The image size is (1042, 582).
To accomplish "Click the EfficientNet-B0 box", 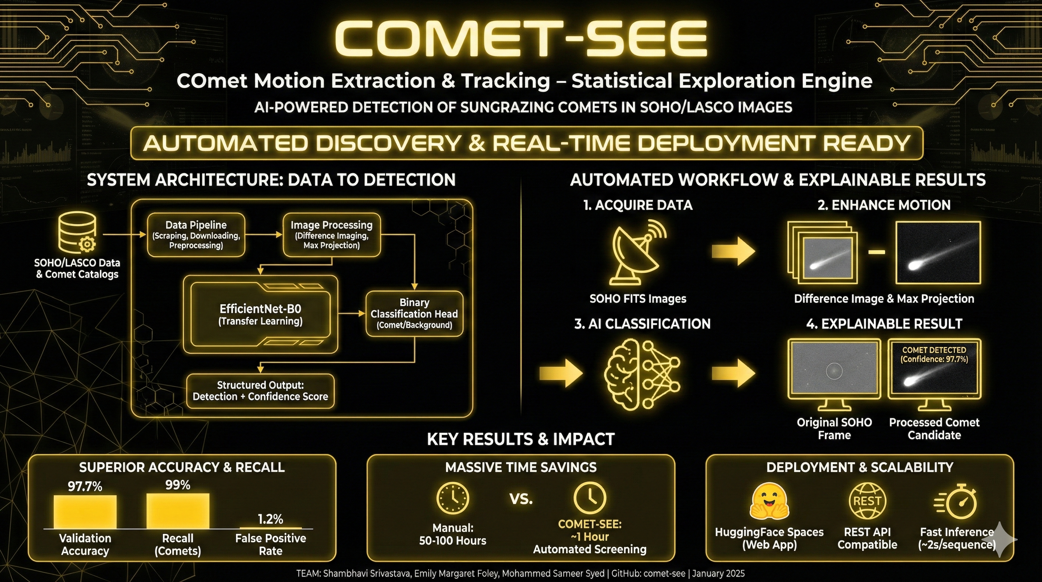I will [260, 314].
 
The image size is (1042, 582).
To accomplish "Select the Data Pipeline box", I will [196, 235].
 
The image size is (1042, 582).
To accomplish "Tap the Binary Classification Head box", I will [414, 314].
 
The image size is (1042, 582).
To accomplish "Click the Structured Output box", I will [260, 391].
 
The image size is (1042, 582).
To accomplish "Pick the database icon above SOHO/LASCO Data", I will [78, 232].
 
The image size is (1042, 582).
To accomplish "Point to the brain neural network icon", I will [642, 373].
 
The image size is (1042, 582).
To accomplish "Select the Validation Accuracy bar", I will [85, 512].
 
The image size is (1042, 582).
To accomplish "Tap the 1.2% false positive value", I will [270, 519].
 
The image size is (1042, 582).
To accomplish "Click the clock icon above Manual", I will [452, 498].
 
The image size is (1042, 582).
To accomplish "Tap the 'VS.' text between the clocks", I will [521, 499].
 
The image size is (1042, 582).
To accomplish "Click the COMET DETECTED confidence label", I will [934, 355].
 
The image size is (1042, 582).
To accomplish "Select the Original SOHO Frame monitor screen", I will [834, 369].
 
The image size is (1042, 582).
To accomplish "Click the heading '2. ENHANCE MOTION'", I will [884, 205].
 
